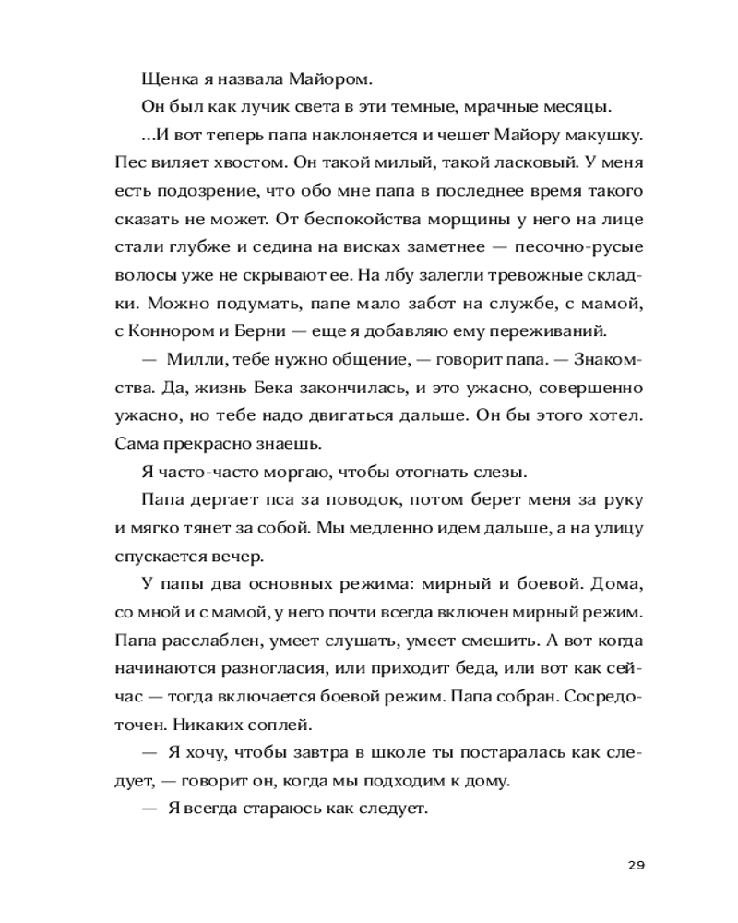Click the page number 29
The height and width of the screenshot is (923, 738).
click(x=635, y=865)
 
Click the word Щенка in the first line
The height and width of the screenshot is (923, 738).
click(x=166, y=78)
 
